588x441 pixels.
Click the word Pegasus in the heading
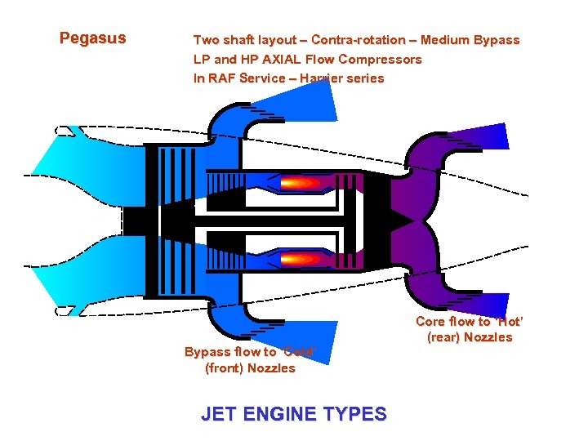click(93, 38)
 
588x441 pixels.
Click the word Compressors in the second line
click(380, 60)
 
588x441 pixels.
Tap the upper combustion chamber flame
click(301, 183)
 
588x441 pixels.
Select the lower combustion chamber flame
click(301, 259)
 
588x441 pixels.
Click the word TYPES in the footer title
click(354, 414)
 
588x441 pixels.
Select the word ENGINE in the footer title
click(278, 414)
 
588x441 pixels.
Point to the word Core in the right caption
click(430, 322)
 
